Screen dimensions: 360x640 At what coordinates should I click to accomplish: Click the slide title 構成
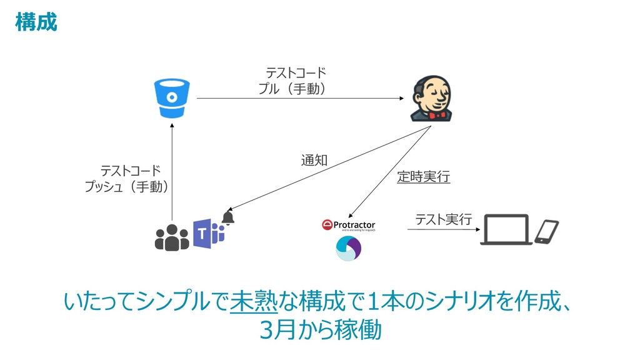[x=36, y=22]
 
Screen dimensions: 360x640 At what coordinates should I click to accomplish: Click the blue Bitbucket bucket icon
[x=172, y=98]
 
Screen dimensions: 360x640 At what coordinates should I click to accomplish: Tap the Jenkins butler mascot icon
[x=431, y=99]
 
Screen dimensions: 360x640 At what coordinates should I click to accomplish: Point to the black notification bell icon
[x=228, y=217]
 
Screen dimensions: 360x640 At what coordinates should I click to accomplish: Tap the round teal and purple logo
[x=349, y=249]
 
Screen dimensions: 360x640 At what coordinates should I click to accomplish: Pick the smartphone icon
[x=547, y=231]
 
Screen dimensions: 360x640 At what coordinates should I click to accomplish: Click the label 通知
[x=314, y=161]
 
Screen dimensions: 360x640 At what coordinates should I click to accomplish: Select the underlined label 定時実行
[x=423, y=177]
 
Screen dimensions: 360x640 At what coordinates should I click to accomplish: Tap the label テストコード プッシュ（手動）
[x=128, y=178]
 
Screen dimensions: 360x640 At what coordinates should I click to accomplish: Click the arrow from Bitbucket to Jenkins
[x=300, y=99]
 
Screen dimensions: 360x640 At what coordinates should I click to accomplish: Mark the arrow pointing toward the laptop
[x=444, y=230]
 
